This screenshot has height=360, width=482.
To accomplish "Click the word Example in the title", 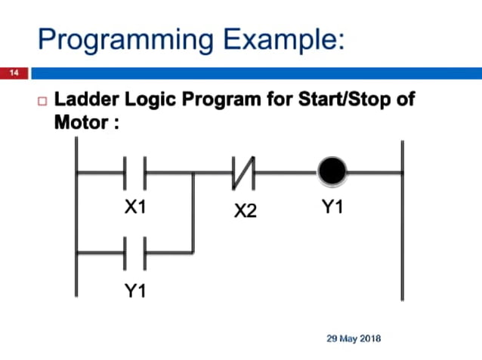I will pyautogui.click(x=270, y=38).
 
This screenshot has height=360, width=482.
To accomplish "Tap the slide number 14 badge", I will pyautogui.click(x=14, y=73).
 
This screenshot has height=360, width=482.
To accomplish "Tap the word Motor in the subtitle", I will pyautogui.click(x=82, y=122).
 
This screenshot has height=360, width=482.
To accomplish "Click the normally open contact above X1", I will pyautogui.click(x=134, y=174).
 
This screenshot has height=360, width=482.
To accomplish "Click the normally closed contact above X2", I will pyautogui.click(x=245, y=174).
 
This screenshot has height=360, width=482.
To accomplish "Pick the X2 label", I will pyautogui.click(x=245, y=211).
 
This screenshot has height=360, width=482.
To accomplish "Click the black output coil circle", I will pyautogui.click(x=332, y=173).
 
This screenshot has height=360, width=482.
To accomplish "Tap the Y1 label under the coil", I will pyautogui.click(x=332, y=206).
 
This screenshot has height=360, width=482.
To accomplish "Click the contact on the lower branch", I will pyautogui.click(x=134, y=252).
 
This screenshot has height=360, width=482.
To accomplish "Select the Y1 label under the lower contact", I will pyautogui.click(x=135, y=290).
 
